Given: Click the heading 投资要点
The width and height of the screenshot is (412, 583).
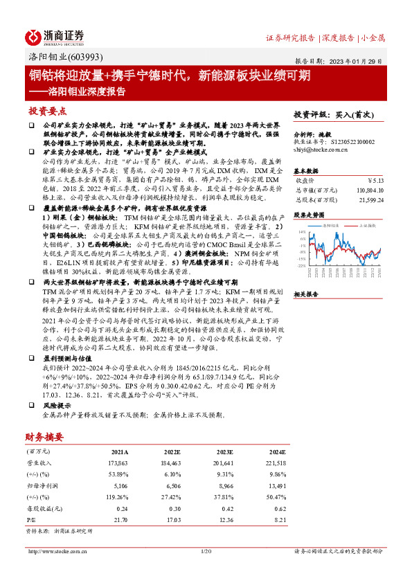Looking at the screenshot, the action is click(x=47, y=111).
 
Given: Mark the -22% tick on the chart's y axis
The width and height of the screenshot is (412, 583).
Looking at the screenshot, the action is click(x=302, y=265).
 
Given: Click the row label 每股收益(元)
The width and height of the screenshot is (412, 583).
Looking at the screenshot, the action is click(x=42, y=509).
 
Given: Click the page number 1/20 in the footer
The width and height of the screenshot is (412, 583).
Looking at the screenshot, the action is click(x=206, y=551).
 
